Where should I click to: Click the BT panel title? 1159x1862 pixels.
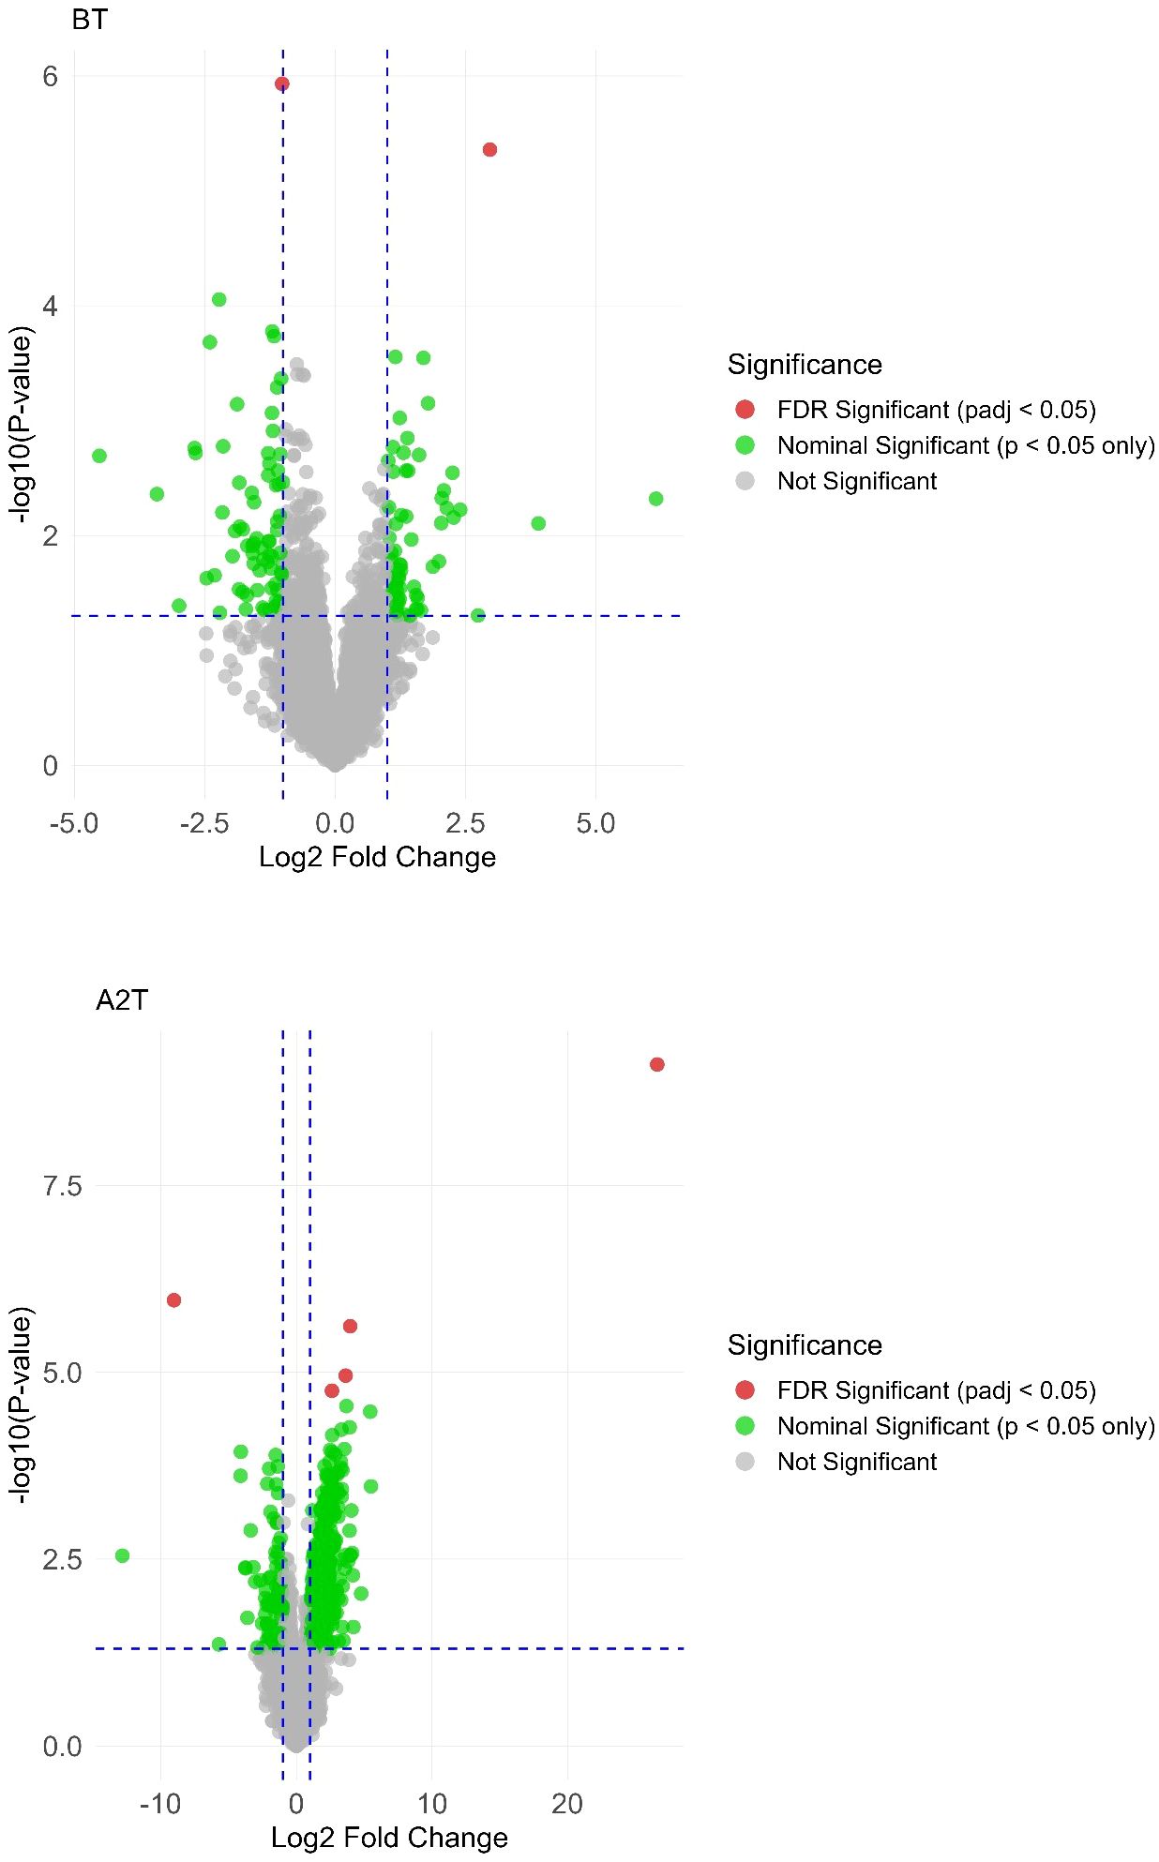pos(89,19)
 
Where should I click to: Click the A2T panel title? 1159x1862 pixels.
pos(122,1000)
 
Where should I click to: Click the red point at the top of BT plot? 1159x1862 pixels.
pos(281,84)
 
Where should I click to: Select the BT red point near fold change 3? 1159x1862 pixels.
pos(489,150)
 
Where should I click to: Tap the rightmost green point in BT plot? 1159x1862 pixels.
pos(655,499)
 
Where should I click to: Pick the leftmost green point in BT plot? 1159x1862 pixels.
pos(99,456)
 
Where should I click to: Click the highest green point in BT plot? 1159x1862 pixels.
pos(218,300)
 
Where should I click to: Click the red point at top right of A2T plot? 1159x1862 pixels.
pos(656,1064)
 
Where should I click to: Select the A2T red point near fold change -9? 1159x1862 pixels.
pos(173,1299)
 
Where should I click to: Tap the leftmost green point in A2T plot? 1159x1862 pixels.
pos(122,1555)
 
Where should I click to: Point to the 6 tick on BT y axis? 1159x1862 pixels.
pos(50,77)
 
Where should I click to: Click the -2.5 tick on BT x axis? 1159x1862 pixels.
pos(204,824)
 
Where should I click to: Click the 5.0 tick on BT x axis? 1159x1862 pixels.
pos(595,824)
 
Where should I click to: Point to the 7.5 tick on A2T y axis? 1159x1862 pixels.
pos(62,1186)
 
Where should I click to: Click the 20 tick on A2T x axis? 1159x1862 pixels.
pos(566,1803)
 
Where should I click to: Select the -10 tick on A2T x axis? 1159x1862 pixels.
pos(159,1803)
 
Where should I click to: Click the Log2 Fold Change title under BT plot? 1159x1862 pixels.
pos(377,857)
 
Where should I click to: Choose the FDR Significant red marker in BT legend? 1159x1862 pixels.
pos(745,410)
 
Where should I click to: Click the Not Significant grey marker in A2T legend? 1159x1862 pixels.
pos(745,1462)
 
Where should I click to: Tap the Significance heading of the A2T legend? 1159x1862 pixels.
pos(805,1345)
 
